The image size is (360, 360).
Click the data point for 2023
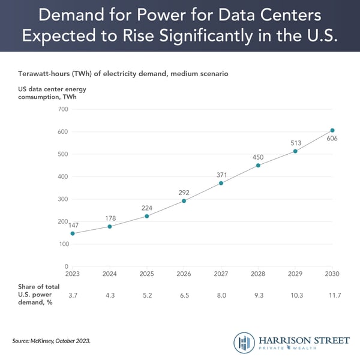[73, 233]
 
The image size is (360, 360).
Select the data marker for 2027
[221, 183]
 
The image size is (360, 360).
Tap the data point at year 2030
[332, 130]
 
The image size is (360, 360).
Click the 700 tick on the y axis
[63, 109]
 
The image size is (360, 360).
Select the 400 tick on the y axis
[63, 176]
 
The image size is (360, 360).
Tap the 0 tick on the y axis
[67, 266]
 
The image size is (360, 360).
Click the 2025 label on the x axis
[146, 274]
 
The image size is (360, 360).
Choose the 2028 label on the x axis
[258, 274]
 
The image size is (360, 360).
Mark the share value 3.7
[73, 296]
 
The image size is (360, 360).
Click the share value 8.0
[221, 296]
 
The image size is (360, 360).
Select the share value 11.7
[332, 296]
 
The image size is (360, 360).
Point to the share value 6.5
[184, 296]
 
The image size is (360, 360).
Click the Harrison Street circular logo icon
[245, 343]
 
